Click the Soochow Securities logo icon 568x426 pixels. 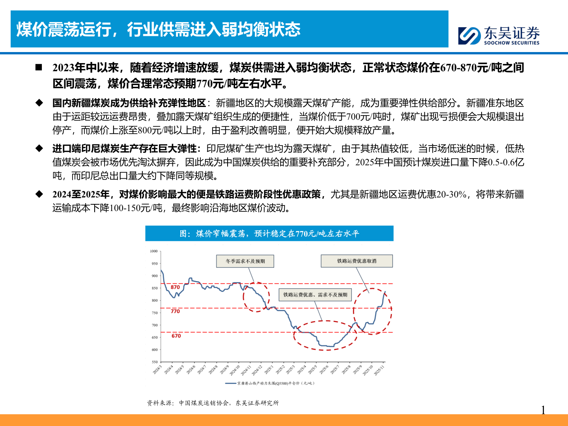pos(469,36)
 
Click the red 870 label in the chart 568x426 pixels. pos(175,287)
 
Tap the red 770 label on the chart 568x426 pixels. pos(175,311)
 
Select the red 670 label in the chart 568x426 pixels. pos(176,336)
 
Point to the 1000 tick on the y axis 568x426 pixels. pos(154,251)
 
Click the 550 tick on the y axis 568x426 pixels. pos(154,362)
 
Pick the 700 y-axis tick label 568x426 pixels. pos(154,325)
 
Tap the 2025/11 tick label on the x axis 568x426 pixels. pos(379,371)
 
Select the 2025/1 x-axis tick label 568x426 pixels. pos(269,370)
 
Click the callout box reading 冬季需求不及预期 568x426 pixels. pos(245,261)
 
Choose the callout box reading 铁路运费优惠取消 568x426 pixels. pos(357,261)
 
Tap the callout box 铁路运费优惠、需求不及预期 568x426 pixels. pos(315,295)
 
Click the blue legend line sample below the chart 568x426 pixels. pos(230,383)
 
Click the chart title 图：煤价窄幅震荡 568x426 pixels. pos(269,234)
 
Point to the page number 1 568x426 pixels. pos(543,410)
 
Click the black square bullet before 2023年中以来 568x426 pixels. pos(39,67)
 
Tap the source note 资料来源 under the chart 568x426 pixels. pos(213,403)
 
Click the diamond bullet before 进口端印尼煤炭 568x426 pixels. pos(39,149)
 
